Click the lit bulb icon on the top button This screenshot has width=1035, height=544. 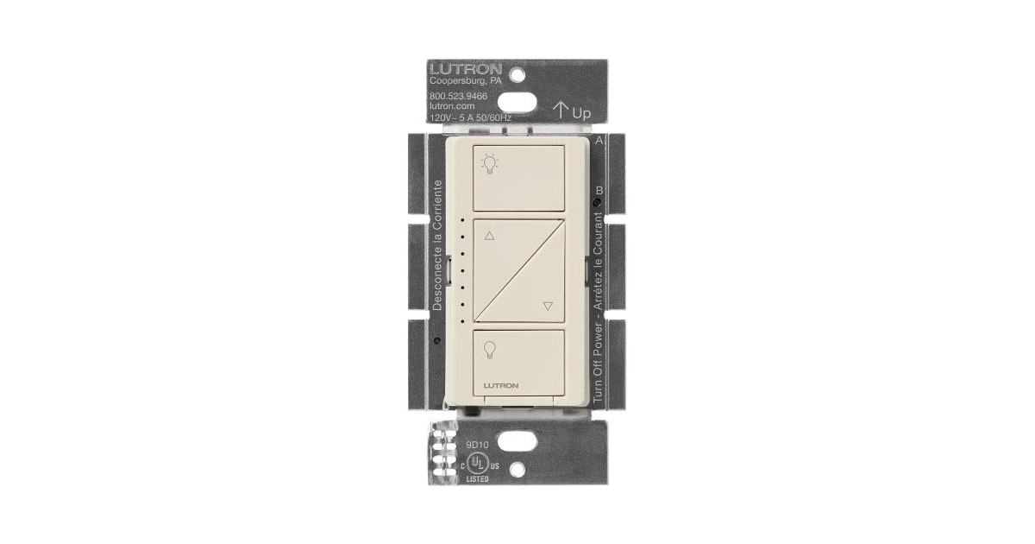click(x=490, y=162)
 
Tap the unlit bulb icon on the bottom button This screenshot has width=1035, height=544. click(x=490, y=349)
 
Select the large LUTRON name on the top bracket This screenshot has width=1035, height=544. click(x=463, y=67)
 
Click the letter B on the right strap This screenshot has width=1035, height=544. click(x=599, y=191)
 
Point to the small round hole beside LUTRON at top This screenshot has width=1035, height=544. click(x=517, y=73)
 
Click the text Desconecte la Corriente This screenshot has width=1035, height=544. click(x=437, y=246)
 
